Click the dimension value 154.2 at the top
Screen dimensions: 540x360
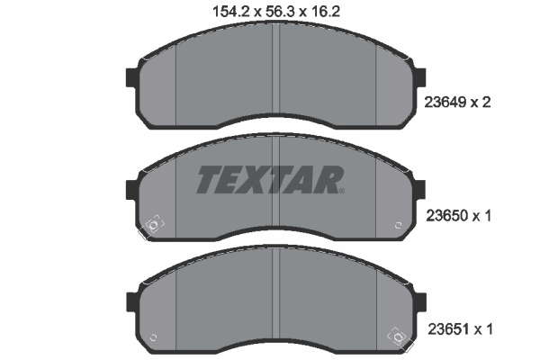(231, 12)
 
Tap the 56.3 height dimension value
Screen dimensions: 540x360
(280, 12)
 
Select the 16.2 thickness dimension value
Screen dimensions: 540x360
(326, 12)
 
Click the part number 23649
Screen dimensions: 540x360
(445, 103)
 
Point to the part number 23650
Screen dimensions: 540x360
(447, 216)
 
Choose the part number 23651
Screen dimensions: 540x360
(448, 329)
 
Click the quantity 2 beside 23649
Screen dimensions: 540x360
(486, 103)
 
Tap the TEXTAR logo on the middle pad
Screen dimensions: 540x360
(270, 179)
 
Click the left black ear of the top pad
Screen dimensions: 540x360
(132, 77)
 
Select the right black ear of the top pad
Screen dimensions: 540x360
(420, 77)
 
